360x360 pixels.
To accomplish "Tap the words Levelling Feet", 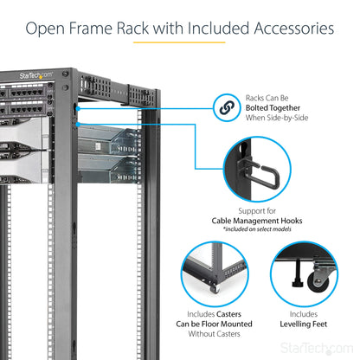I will (x=303, y=325).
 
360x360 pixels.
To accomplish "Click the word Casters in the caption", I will (x=229, y=314).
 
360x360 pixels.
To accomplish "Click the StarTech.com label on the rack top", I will (x=35, y=75).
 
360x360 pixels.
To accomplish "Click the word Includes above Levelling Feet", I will (x=303, y=314).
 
